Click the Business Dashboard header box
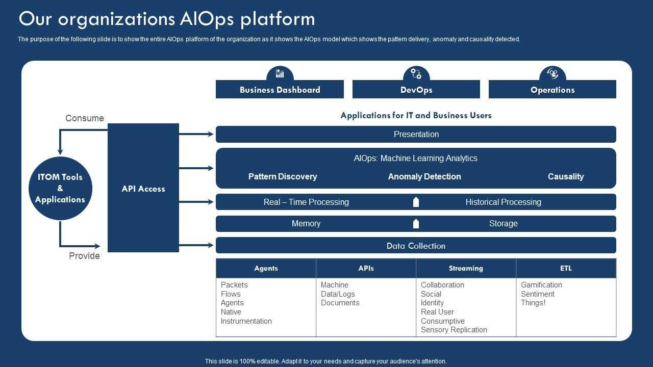tap(280, 90)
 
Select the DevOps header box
tap(416, 90)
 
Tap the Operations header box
tap(552, 90)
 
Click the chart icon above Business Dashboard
tap(280, 73)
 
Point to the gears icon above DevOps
tap(416, 73)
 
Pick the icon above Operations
tap(552, 73)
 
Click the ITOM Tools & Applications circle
tap(60, 189)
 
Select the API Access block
tap(143, 188)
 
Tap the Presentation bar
tap(416, 134)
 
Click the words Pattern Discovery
tap(283, 176)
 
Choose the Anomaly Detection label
tap(424, 176)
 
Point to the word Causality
tap(565, 176)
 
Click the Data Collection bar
tap(416, 246)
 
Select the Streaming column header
tap(466, 268)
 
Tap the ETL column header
tap(566, 268)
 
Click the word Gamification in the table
tap(541, 285)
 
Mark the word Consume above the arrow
tap(85, 118)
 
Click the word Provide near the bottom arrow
tap(84, 256)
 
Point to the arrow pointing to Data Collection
tap(196, 245)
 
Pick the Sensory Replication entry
tap(454, 330)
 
